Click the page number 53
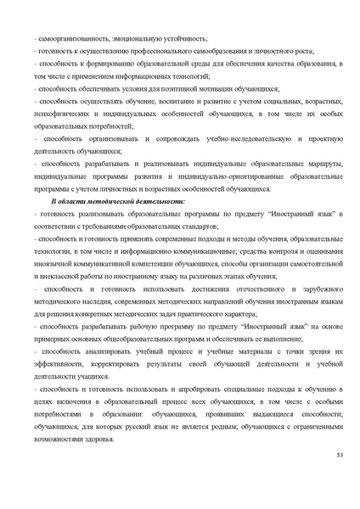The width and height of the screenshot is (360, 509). pyautogui.click(x=339, y=457)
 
